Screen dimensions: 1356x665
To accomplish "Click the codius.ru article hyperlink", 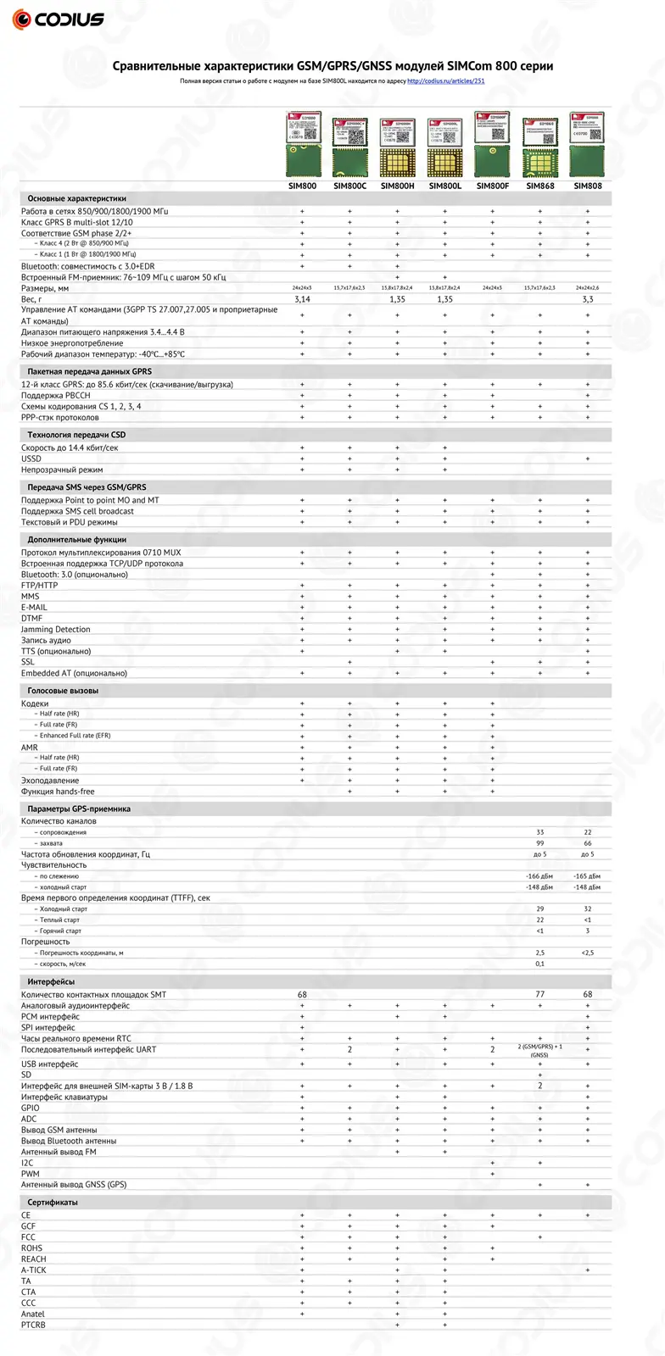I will pos(446,81).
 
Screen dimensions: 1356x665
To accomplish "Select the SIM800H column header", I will pos(397,186).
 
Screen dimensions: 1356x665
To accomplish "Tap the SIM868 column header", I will pos(539,186).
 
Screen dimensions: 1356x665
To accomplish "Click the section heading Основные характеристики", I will pos(76,198).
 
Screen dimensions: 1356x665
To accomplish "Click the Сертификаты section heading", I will pos(53,1203).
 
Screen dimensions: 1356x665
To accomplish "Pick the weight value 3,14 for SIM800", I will pos(302,299).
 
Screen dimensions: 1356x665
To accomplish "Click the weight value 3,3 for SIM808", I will pos(587,299).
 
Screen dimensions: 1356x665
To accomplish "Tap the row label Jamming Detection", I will pos(55,630).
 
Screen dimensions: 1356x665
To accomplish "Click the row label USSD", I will pos(31,458).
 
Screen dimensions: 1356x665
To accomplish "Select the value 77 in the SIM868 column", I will pos(539,994).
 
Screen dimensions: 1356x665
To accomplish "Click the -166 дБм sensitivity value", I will pos(539,876).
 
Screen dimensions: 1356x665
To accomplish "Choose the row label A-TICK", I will pos(34,1270).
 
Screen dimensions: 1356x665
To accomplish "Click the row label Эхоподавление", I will pos(50,781).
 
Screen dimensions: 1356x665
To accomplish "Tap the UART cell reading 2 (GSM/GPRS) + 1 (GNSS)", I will pos(539,1051).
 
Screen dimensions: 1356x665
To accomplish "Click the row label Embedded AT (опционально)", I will pos(74,673).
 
